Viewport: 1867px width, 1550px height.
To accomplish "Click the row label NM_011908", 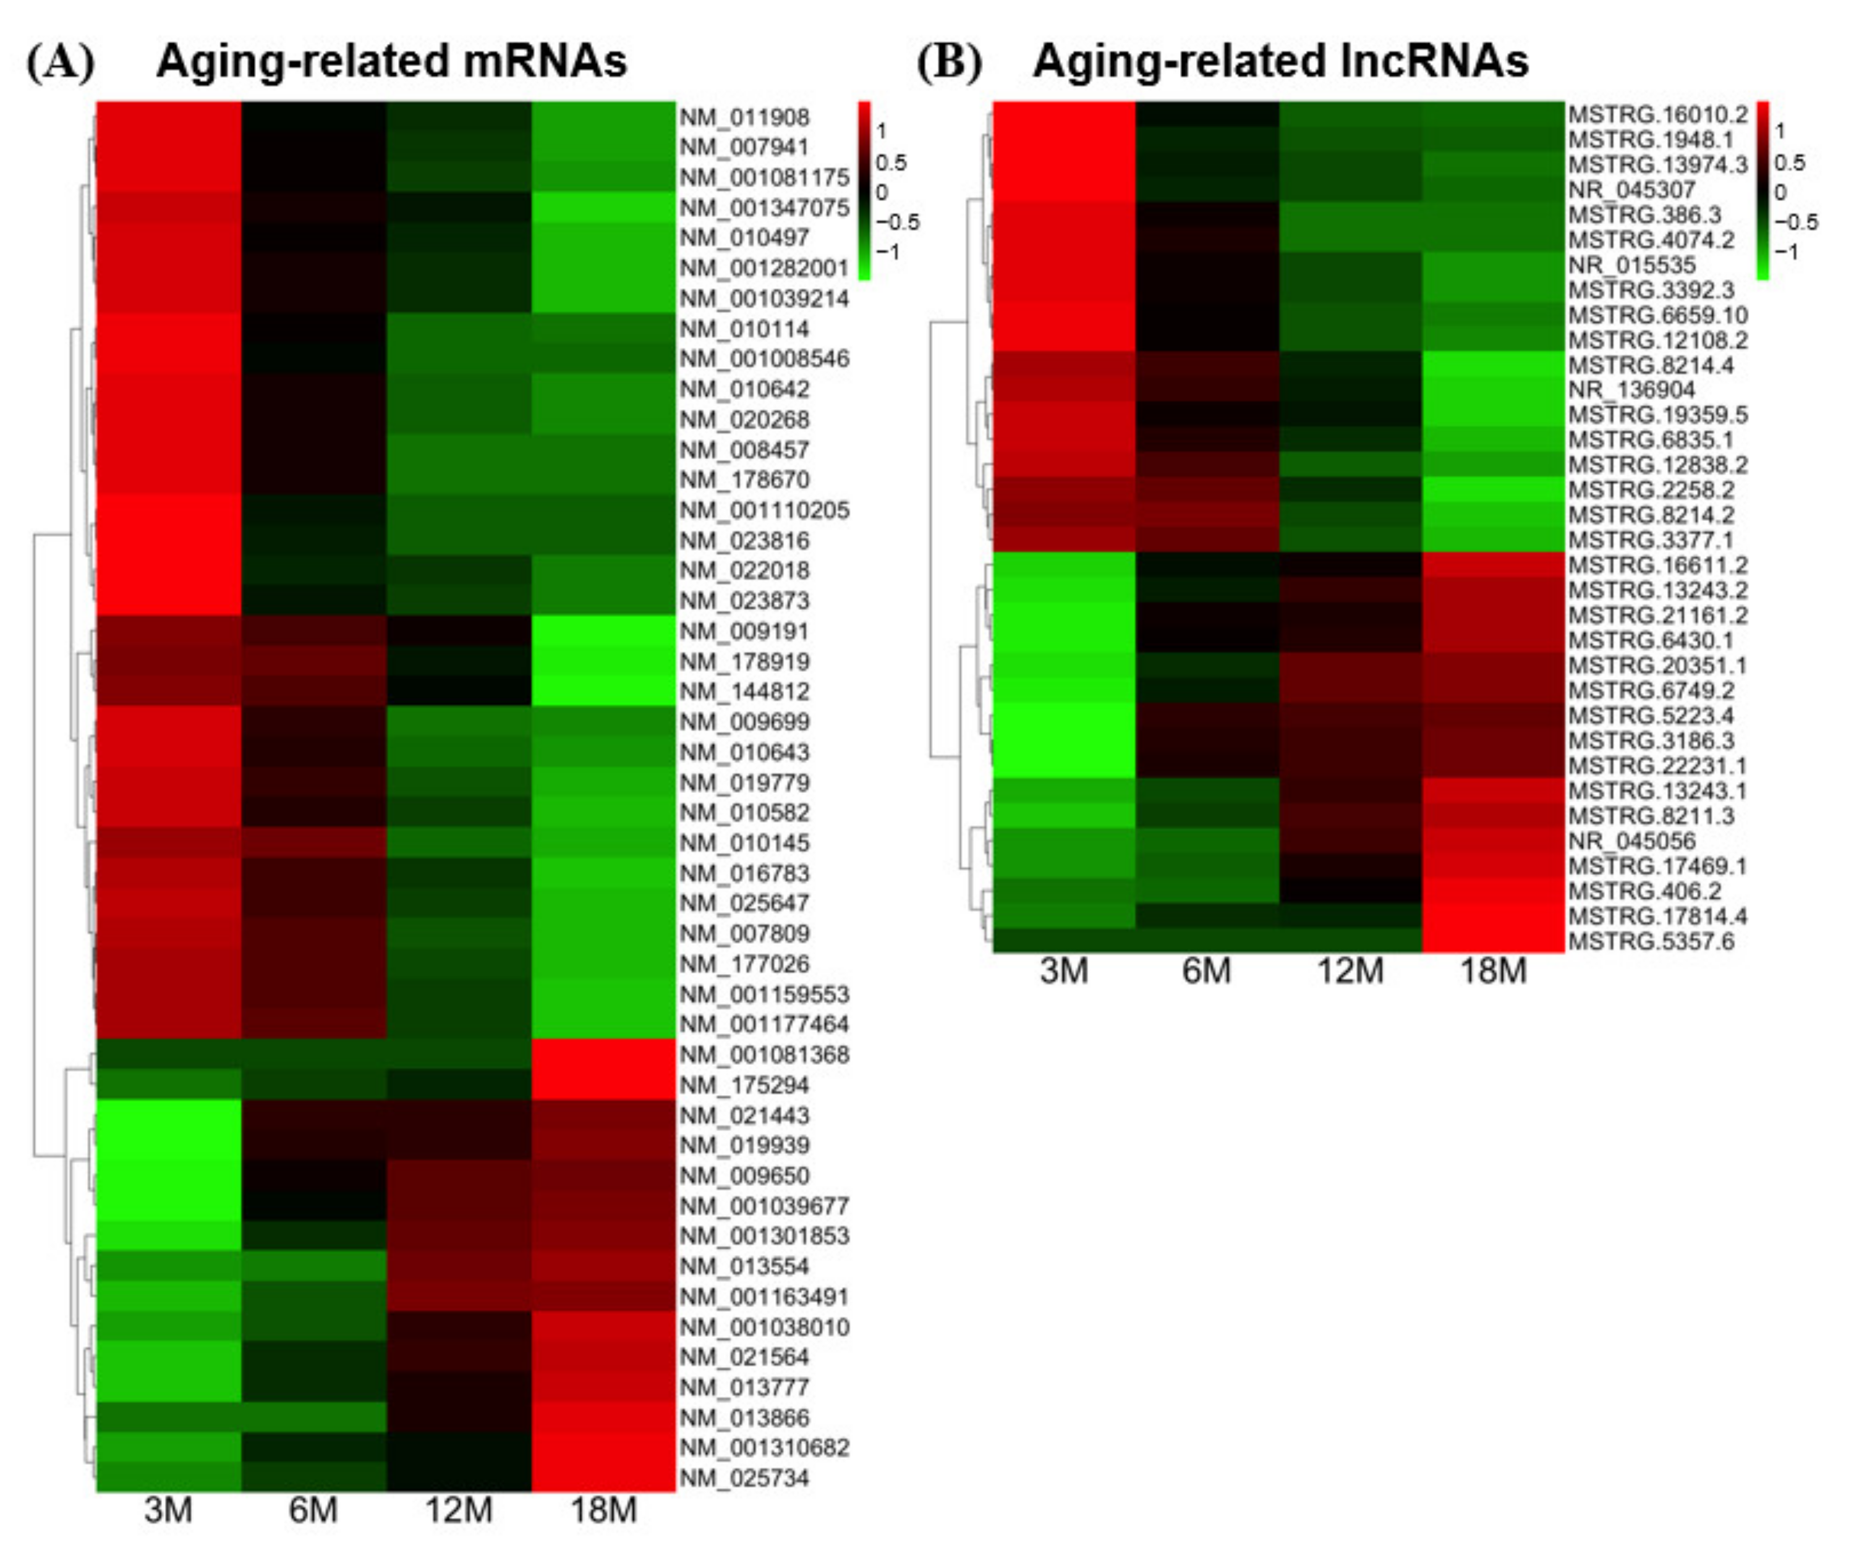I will tap(744, 117).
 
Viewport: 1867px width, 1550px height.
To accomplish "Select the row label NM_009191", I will tap(744, 631).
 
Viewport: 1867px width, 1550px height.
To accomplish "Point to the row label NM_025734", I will tap(744, 1478).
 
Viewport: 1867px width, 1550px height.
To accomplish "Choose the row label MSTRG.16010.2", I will tap(1657, 115).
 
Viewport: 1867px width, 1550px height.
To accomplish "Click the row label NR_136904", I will tap(1631, 389).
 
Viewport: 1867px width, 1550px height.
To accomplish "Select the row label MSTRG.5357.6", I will tap(1650, 941).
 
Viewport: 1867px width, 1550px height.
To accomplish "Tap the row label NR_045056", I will tap(1631, 841).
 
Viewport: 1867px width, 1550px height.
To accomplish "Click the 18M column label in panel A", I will tap(603, 1510).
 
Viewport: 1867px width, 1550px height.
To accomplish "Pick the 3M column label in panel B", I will tap(1063, 970).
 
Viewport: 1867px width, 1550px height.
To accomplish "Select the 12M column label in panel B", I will tap(1350, 970).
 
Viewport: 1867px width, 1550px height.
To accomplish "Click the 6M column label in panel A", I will tap(313, 1510).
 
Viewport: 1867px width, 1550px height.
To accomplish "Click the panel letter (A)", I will tap(61, 62).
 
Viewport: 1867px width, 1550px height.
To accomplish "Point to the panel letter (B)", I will tap(950, 62).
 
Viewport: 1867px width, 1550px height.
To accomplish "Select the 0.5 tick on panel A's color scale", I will tap(890, 163).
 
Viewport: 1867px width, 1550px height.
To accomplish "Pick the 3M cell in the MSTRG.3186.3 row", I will tap(1063, 740).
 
